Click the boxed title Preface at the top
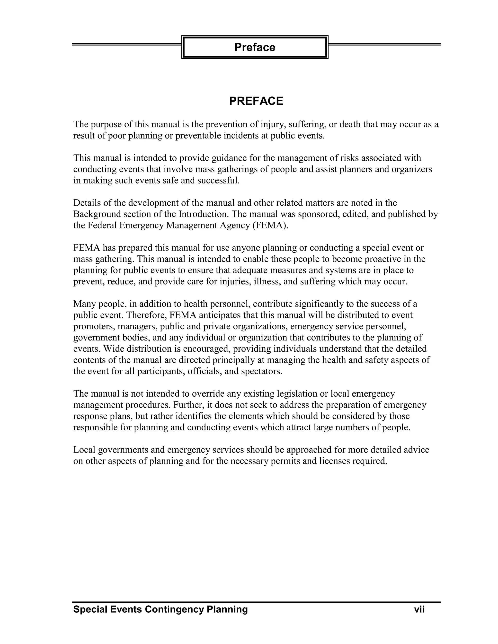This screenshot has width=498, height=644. (x=255, y=47)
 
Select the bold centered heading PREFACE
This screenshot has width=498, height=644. (x=256, y=101)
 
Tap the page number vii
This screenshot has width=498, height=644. (x=419, y=609)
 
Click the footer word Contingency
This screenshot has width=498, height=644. (x=174, y=609)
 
